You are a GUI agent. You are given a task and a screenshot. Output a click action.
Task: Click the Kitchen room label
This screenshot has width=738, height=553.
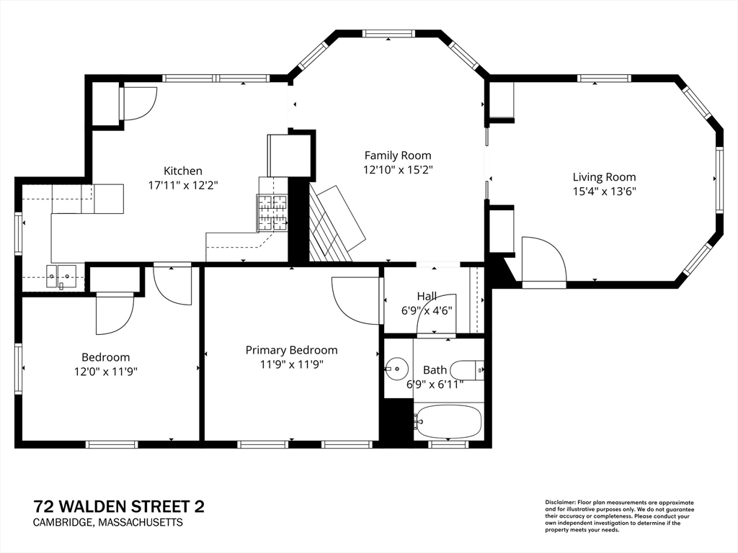tap(182, 171)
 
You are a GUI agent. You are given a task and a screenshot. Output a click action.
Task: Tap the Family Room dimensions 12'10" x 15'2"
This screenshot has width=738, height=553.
tap(398, 170)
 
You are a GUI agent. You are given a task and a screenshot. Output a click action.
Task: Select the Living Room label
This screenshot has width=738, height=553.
tap(604, 177)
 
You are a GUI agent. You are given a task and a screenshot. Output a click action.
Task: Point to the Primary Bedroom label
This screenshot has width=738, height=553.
tap(291, 351)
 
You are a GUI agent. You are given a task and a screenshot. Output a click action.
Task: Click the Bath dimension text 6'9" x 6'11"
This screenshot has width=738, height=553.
tap(435, 385)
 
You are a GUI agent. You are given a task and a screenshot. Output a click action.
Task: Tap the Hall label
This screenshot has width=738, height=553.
tap(427, 296)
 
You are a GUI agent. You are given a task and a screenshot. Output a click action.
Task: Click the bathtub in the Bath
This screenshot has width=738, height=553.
tap(448, 422)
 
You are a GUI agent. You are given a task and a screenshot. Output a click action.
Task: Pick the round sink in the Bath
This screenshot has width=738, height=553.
tap(396, 368)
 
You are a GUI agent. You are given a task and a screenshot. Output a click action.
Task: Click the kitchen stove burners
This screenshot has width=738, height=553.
tap(272, 213)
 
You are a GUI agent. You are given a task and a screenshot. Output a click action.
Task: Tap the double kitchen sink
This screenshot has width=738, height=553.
tap(61, 276)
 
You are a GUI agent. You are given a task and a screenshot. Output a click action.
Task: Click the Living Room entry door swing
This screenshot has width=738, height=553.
tap(543, 261)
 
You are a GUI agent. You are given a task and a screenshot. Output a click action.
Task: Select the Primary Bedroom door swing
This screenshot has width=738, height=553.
tap(356, 300)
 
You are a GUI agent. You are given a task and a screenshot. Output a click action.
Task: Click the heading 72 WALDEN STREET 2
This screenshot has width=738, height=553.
tap(119, 507)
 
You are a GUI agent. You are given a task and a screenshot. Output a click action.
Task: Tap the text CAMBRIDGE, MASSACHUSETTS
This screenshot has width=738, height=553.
tap(108, 523)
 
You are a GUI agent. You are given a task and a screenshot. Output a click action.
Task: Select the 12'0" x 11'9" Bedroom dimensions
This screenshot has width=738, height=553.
tap(105, 372)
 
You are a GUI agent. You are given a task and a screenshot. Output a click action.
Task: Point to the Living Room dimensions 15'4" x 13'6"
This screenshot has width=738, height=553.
tap(605, 192)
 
